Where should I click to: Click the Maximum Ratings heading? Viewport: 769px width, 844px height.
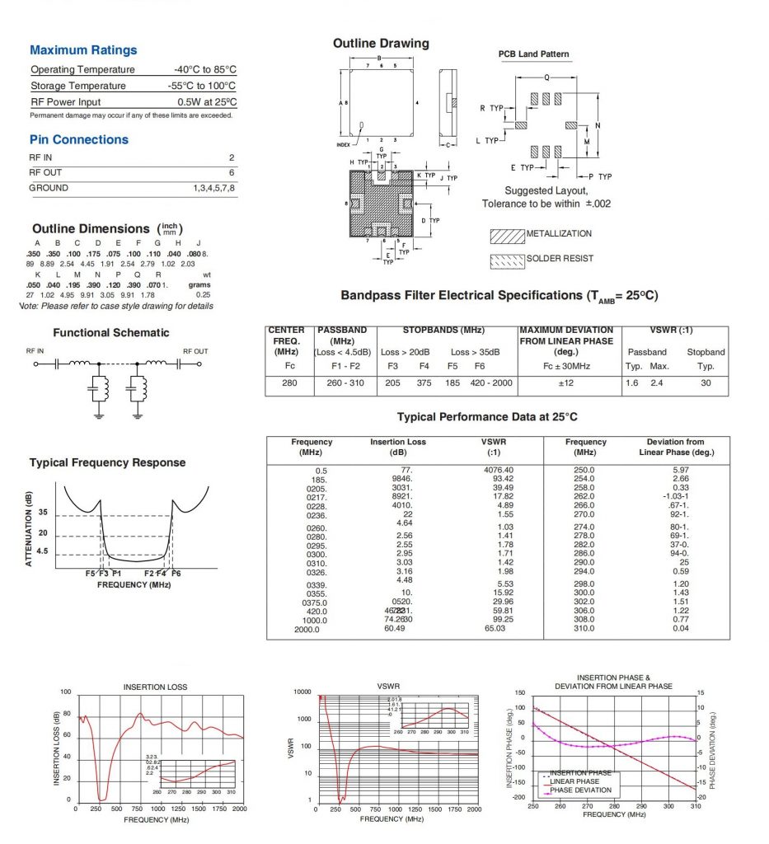(x=83, y=50)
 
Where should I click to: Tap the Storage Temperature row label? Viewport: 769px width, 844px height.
(x=78, y=86)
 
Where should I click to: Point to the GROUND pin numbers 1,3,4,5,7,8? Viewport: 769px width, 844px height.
(x=208, y=188)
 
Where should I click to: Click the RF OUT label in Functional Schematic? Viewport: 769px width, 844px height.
(x=195, y=351)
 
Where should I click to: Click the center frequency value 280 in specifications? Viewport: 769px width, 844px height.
(x=289, y=383)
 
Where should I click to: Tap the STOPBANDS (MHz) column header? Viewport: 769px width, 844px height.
(x=444, y=331)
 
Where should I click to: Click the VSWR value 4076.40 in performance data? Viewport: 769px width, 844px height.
(x=498, y=470)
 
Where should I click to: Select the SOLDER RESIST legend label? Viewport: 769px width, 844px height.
(x=560, y=259)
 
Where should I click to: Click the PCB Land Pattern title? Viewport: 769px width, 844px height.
(x=533, y=54)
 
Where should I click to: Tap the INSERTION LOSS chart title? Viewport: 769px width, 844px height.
(x=155, y=687)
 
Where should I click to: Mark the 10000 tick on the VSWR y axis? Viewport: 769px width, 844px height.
(x=302, y=692)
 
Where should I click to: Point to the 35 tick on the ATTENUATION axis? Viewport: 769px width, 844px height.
(x=43, y=513)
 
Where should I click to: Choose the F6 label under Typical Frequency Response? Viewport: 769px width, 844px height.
(x=176, y=573)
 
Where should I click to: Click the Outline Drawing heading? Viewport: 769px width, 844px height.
(x=381, y=43)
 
